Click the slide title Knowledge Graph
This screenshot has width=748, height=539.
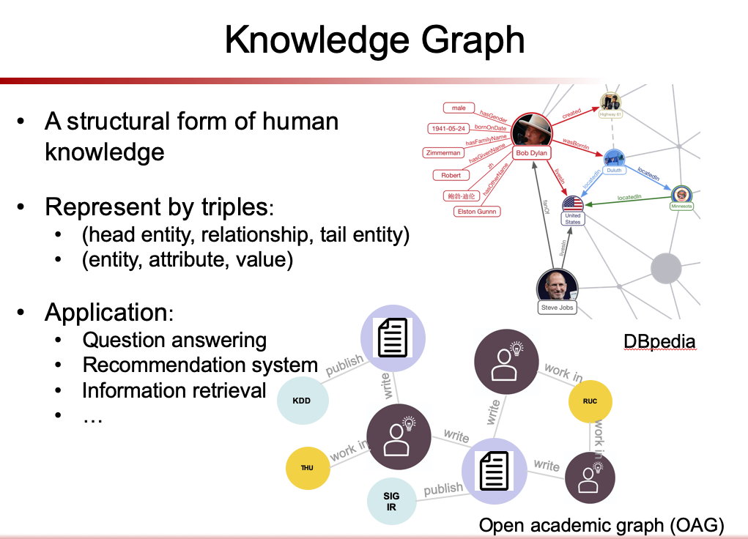[374, 40]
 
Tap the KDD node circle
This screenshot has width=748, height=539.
[301, 401]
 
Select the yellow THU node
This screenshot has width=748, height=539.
[307, 467]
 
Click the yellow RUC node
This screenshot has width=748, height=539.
[589, 401]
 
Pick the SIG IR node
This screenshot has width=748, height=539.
[391, 502]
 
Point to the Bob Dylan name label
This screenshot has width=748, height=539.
[532, 153]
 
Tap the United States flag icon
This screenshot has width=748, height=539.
[573, 204]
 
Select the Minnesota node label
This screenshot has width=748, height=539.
[681, 207]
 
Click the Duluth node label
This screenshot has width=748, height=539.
[614, 170]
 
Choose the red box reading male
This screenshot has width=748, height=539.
[459, 108]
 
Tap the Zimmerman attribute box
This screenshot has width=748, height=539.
[443, 153]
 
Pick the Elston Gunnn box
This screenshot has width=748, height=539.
[476, 212]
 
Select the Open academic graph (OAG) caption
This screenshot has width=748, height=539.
[601, 524]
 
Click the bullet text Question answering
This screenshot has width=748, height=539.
[174, 340]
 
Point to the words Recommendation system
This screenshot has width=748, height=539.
[200, 365]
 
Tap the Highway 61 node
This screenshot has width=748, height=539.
[610, 103]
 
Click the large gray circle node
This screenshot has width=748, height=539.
[665, 267]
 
